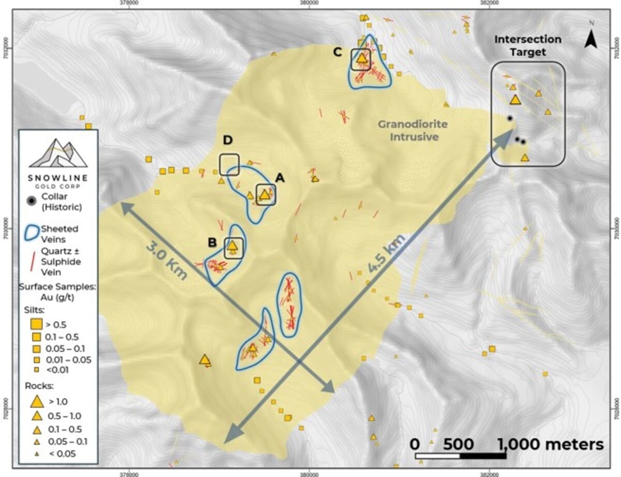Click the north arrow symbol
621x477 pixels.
coord(591,37)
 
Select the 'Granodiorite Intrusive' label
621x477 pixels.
coord(412,130)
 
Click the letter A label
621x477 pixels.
coord(279,178)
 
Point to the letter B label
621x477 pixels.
coord(212,243)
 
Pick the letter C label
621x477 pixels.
coord(337,52)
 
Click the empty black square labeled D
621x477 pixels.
coord(229,165)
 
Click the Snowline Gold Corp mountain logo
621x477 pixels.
coord(57,153)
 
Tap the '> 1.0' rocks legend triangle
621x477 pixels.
coord(36,401)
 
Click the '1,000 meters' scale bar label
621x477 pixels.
coord(551,444)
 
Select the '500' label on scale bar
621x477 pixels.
coord(457,444)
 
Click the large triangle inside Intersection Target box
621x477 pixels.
coord(514,100)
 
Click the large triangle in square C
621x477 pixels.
coord(362,59)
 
